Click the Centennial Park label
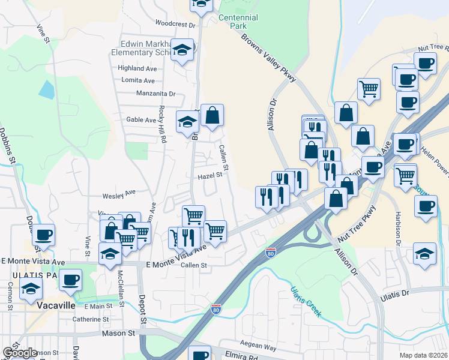239,22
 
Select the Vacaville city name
55,305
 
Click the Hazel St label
211,176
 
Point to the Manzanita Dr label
155,94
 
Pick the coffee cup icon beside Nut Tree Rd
426,64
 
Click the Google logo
20,353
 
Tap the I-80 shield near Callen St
271,253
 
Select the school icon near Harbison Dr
425,254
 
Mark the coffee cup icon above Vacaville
70,280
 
